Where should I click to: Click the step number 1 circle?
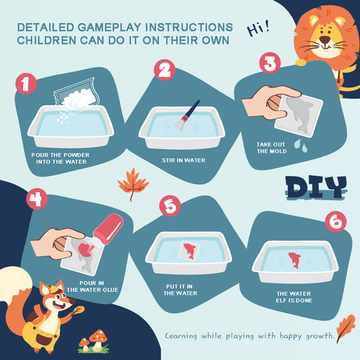coord(26,84)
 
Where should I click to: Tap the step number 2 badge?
coord(164,70)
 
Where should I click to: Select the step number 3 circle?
coord(270,63)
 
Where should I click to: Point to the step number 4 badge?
coord(37,198)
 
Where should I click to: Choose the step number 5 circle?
coord(170,206)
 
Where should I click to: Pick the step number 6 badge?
coord(336,222)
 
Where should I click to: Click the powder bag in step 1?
coord(76,96)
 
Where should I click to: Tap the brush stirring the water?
coord(187,115)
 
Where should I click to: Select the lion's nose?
coord(325,40)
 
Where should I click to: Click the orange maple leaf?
coord(133,184)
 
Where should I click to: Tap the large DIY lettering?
coord(316,187)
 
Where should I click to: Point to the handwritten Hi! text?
coord(258,29)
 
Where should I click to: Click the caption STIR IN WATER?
coord(184,160)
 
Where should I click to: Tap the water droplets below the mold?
coord(301,145)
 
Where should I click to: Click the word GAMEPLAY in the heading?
coord(109,27)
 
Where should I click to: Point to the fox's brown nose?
coord(72,301)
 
